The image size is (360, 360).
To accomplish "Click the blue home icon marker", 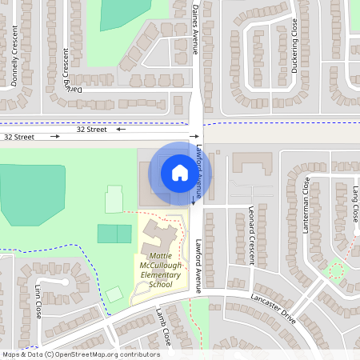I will [180, 172].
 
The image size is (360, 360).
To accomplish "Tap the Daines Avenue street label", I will [195, 28].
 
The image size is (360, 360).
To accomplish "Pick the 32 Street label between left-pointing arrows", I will [91, 129].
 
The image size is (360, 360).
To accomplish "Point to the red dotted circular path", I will [336, 270].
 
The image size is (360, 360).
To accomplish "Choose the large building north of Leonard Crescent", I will [252, 164].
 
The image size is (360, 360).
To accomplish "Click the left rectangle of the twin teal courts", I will [106, 234].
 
